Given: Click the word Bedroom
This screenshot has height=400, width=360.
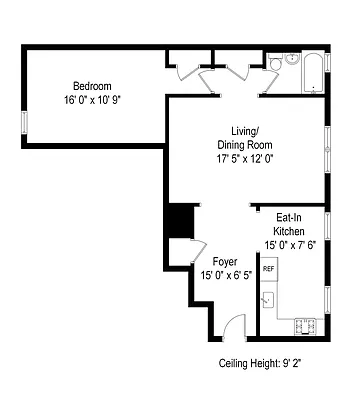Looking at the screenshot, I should pos(91,86).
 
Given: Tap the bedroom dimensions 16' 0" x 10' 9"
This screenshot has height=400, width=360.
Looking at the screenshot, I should pos(91,100).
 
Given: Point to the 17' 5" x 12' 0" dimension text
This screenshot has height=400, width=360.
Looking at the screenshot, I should pos(244,158).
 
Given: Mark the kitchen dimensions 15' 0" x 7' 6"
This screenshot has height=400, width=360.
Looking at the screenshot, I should pos(290,245).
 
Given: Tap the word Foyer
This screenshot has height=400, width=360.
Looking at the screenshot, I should pos(225,261).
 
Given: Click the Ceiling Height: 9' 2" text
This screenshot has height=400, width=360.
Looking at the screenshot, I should pos(260,364).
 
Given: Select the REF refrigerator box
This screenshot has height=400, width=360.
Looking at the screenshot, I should pos(269,270).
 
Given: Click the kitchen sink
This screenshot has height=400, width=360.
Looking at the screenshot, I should pos(268,298).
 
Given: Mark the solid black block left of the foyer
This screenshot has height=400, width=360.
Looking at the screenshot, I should pos(179,221).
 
